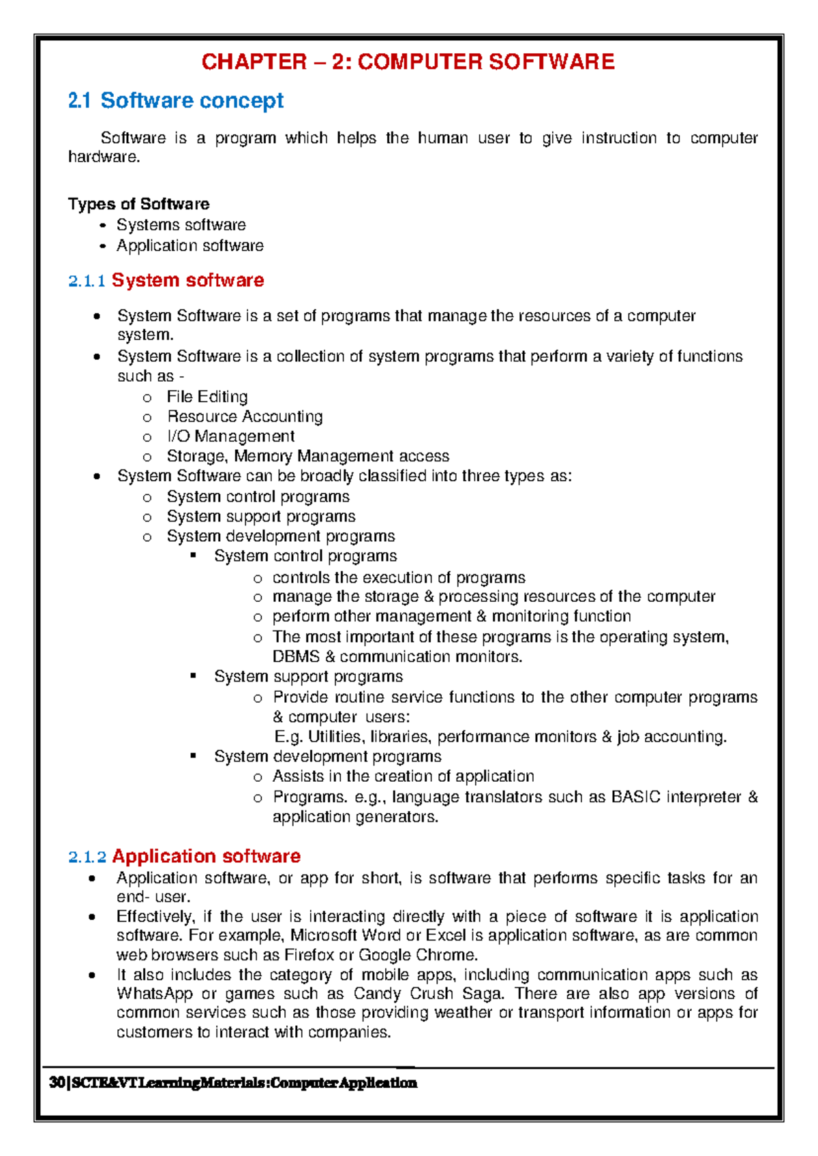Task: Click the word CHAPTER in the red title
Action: [x=254, y=62]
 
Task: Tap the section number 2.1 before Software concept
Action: [x=79, y=101]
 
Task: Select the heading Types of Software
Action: [x=138, y=204]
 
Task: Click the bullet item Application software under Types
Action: [x=190, y=245]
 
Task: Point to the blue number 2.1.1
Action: [x=87, y=281]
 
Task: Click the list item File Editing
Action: [x=207, y=397]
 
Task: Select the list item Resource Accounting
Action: [x=245, y=416]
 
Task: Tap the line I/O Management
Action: [x=230, y=436]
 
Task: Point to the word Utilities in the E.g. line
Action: [x=335, y=737]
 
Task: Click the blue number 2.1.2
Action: [x=87, y=857]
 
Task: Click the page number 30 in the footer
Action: [x=57, y=1083]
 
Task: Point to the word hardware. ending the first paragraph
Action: [x=104, y=157]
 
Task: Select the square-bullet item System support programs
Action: [x=308, y=677]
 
